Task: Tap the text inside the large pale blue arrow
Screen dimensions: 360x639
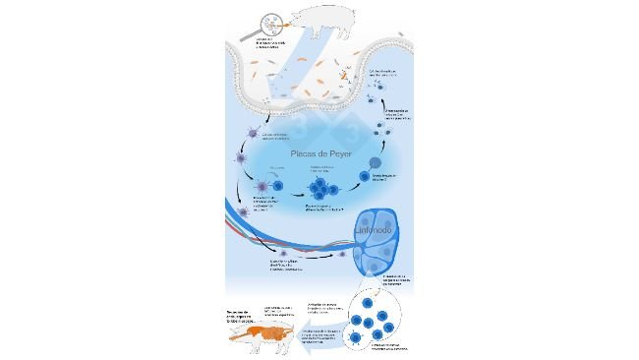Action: point(318,337)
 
